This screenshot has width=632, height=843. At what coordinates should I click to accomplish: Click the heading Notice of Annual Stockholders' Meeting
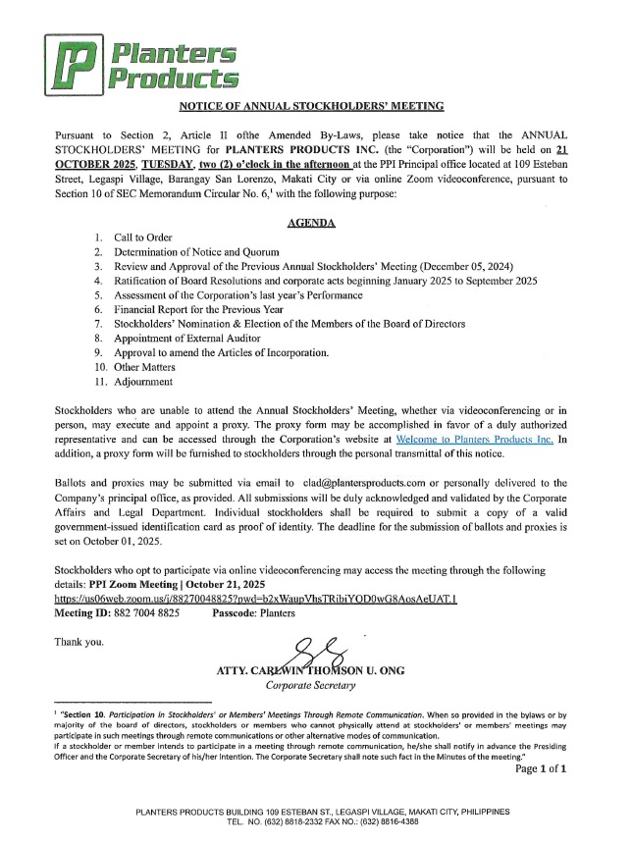pos(312,105)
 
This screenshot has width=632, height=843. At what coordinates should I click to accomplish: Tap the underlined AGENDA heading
pos(311,223)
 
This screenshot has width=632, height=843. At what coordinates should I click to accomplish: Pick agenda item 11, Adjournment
pos(144,381)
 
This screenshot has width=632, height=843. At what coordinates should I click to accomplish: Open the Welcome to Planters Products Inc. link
pos(474,440)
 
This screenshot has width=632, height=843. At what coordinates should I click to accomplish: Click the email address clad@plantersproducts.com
pos(381,483)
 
